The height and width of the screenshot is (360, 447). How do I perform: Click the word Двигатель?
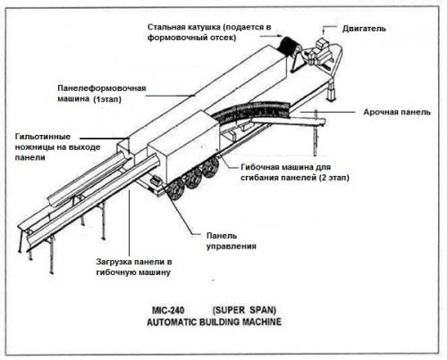[364, 29]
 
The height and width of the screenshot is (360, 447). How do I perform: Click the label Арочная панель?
[397, 113]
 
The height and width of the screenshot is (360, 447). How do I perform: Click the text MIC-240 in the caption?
[168, 311]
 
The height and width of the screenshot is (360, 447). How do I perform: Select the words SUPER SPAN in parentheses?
[244, 310]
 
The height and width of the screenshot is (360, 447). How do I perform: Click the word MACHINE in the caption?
[262, 322]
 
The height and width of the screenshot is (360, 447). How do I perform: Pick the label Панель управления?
[232, 241]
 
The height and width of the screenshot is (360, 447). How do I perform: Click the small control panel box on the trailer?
[156, 180]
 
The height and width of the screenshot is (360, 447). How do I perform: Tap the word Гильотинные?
[43, 137]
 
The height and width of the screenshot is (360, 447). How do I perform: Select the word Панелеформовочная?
[102, 88]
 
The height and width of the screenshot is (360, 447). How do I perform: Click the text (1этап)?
[107, 99]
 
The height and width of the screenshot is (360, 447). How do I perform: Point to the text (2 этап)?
[333, 178]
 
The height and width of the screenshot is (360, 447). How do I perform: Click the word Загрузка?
[114, 262]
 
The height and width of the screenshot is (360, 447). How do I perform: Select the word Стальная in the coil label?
[166, 27]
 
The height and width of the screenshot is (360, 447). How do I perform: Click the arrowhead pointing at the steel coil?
[280, 36]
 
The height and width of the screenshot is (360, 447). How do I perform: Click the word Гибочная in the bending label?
[259, 167]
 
